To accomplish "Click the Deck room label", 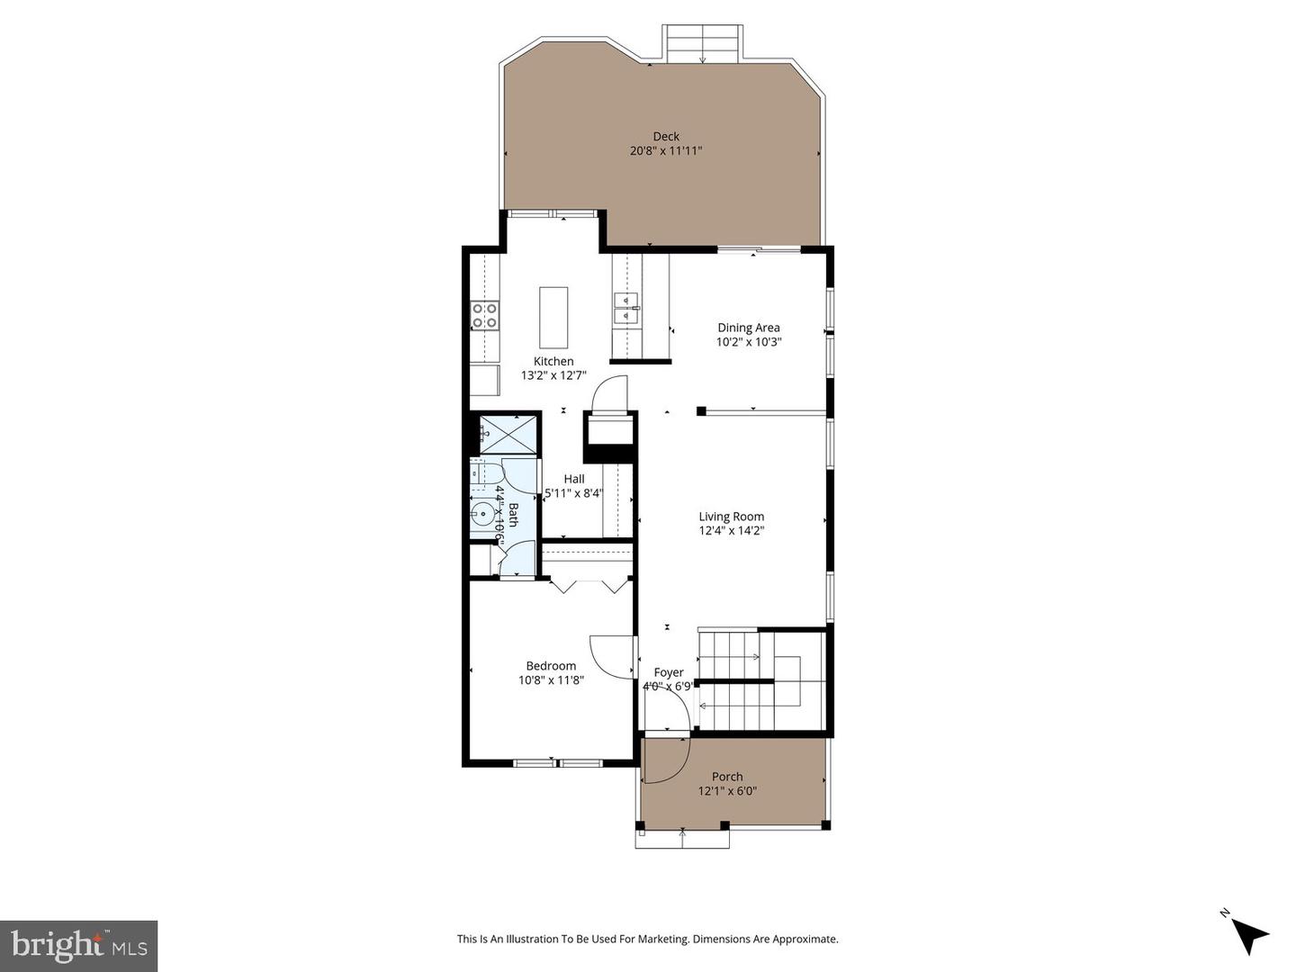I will tap(666, 137).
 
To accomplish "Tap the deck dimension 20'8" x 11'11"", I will tap(666, 151).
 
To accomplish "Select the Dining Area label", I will tap(748, 328).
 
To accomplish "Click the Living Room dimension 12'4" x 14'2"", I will tap(731, 531).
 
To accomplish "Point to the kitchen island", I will tap(553, 317).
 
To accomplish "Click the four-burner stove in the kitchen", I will tap(485, 315).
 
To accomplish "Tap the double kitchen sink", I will tap(626, 307).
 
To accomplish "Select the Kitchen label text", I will tap(553, 361).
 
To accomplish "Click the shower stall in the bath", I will tap(508, 435).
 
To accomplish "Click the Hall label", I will tap(574, 479).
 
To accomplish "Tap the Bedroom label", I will tap(551, 666).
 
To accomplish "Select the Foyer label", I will tap(668, 672).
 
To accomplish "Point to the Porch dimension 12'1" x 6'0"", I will tap(727, 791).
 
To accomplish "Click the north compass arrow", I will tap(1248, 934).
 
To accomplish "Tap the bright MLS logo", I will tap(79, 945).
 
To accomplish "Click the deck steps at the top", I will tap(702, 43).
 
